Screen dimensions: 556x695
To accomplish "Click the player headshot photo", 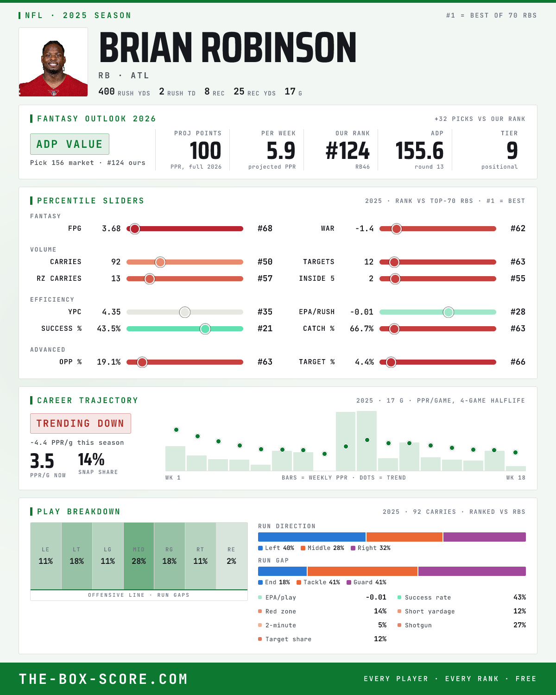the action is pos(53,62).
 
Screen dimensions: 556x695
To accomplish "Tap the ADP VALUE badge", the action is pos(69,144).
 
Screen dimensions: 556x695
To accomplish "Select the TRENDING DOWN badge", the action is pos(81,423).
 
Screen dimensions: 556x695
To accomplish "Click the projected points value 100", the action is pos(205,151).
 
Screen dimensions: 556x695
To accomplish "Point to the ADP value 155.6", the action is pos(419,151).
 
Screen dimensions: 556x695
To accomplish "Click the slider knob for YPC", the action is pos(185,312).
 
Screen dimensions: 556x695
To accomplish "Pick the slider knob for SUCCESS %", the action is pos(205,329).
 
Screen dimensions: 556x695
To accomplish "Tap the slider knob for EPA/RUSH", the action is pos(449,312).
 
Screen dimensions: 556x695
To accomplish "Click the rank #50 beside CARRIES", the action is pos(265,262).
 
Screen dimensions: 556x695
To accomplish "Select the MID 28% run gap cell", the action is pos(139,556).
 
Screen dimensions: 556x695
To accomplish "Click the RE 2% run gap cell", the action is pos(231,556).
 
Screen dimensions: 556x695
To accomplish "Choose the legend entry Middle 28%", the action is pos(322,548).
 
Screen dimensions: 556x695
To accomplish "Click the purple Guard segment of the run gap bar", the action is pos(472,571).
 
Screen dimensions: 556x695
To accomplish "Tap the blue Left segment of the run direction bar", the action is pos(312,537).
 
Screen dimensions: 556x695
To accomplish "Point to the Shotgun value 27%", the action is pos(519,625).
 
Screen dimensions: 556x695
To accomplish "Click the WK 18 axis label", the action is pos(516,478).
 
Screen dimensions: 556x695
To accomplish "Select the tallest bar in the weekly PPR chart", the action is pos(366,441).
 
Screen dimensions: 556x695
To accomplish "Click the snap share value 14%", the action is pos(91,460).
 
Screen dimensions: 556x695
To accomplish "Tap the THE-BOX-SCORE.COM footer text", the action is pos(103,679).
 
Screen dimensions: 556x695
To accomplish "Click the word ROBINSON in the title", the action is pos(279,47).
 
